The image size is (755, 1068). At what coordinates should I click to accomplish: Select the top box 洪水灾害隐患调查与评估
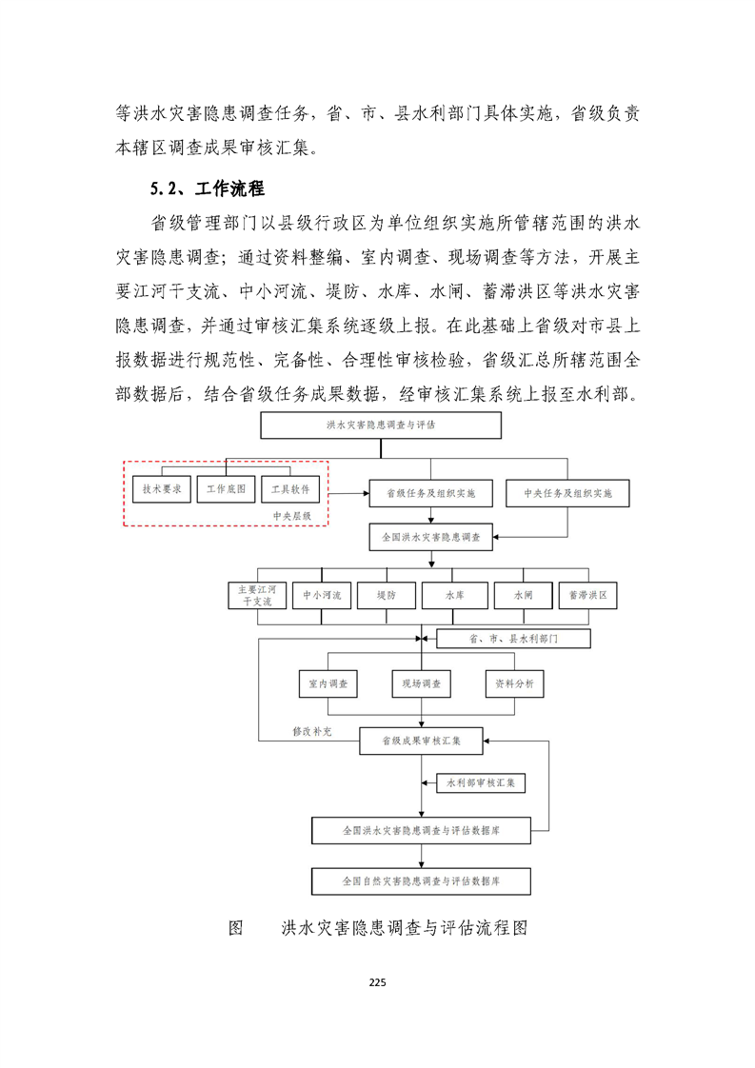pyautogui.click(x=381, y=425)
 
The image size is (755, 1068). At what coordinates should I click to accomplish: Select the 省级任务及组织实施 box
pyautogui.click(x=430, y=494)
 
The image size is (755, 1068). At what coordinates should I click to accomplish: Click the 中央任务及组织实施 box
pyautogui.click(x=567, y=494)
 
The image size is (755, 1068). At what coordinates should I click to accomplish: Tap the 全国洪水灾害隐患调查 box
pyautogui.click(x=431, y=538)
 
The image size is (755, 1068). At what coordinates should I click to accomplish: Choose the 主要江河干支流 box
pyautogui.click(x=255, y=596)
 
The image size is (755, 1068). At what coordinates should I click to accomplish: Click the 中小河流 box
pyautogui.click(x=322, y=596)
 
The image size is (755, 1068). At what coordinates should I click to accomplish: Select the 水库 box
pyautogui.click(x=454, y=596)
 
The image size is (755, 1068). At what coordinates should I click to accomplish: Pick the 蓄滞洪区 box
pyautogui.click(x=587, y=596)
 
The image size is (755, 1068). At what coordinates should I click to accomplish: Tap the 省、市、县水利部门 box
pyautogui.click(x=513, y=639)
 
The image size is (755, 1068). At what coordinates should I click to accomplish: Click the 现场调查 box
pyautogui.click(x=420, y=684)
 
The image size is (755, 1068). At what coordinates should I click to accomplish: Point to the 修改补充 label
pyautogui.click(x=312, y=731)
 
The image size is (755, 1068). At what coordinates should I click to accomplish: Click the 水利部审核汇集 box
pyautogui.click(x=481, y=783)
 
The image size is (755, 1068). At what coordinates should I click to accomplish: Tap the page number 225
pyautogui.click(x=377, y=983)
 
